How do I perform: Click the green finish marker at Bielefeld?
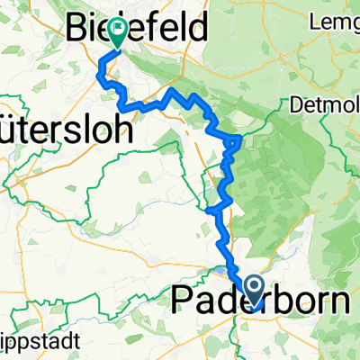click(x=117, y=33)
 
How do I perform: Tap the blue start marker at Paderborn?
click(x=255, y=291)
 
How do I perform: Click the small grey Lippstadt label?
click(x=40, y=343)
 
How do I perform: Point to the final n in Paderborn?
click(x=339, y=300)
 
